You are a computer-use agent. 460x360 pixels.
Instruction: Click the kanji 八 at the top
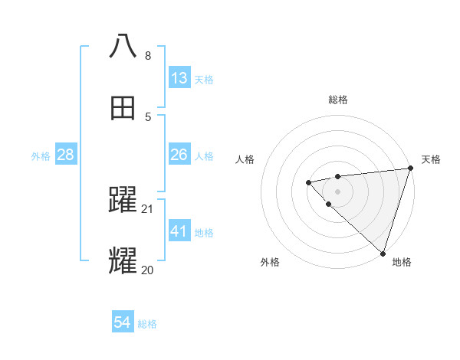(x=123, y=45)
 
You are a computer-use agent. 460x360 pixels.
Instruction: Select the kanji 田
(x=123, y=109)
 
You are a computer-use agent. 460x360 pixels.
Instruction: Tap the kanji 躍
(x=123, y=201)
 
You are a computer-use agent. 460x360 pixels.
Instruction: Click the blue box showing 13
(x=179, y=78)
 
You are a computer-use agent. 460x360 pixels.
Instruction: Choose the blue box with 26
(x=179, y=155)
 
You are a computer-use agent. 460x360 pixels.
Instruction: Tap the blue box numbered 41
(x=179, y=231)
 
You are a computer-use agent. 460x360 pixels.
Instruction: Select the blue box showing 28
(x=65, y=155)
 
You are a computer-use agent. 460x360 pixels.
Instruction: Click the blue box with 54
(x=122, y=323)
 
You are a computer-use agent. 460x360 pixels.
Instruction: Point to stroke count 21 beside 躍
(x=148, y=209)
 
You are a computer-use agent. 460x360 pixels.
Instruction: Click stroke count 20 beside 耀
(x=147, y=270)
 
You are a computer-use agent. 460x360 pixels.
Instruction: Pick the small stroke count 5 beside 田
(x=148, y=117)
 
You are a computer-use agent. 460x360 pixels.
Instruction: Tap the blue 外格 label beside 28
(x=41, y=156)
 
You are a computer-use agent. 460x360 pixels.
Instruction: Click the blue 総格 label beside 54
(x=147, y=324)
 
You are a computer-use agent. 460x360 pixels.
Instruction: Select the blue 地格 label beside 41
(x=204, y=232)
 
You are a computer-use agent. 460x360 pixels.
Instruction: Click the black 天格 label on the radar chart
(x=431, y=159)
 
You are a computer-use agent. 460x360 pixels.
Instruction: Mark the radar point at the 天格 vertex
(x=409, y=169)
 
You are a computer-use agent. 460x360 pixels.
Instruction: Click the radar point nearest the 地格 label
(x=382, y=253)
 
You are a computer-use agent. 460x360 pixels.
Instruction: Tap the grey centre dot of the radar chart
(x=337, y=191)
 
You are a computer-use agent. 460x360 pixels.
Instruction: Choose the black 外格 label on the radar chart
(x=270, y=262)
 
